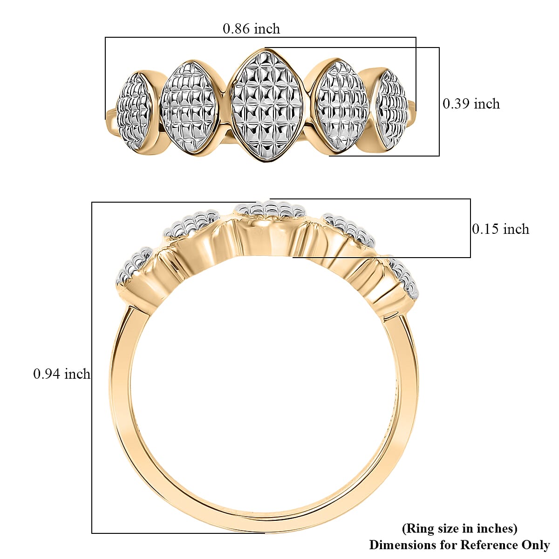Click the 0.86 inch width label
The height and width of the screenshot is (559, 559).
click(251, 29)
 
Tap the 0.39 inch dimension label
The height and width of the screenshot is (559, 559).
click(471, 103)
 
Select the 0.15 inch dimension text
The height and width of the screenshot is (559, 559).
click(500, 229)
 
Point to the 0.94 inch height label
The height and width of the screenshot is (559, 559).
click(61, 374)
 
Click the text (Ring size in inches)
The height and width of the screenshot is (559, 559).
click(459, 528)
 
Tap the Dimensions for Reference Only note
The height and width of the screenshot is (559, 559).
click(459, 545)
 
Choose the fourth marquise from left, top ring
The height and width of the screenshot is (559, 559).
click(341, 107)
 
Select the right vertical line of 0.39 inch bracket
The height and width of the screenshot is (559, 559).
click(439, 102)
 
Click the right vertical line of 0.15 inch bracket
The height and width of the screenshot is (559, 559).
click(470, 228)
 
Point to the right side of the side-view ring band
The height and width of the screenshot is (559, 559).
click(410, 382)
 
